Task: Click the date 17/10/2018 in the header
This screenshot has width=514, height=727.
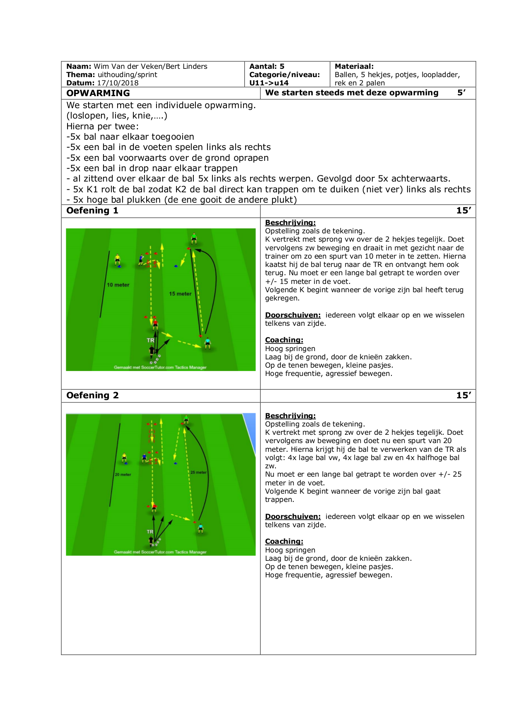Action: pyautogui.click(x=118, y=83)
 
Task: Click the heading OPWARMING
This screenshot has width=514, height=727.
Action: pyautogui.click(x=98, y=93)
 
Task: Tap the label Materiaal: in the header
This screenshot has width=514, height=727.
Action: pyautogui.click(x=354, y=66)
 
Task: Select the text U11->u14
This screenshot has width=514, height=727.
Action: pyautogui.click(x=269, y=83)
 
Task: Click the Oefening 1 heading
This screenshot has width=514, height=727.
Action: pyautogui.click(x=92, y=211)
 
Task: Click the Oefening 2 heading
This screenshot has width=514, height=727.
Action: pyautogui.click(x=92, y=395)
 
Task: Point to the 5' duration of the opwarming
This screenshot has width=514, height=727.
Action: pyautogui.click(x=461, y=93)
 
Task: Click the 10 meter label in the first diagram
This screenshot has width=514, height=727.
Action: pyautogui.click(x=118, y=285)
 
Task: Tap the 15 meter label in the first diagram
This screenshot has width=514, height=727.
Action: pyautogui.click(x=180, y=294)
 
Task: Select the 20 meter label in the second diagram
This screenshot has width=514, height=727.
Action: pyautogui.click(x=123, y=475)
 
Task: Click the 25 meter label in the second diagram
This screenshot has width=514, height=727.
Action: pyautogui.click(x=198, y=473)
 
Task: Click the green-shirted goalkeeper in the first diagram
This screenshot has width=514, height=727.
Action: pyautogui.click(x=194, y=239)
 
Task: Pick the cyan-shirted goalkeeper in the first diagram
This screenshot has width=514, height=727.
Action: pyautogui.click(x=208, y=344)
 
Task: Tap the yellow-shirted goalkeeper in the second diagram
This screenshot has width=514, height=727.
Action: pyautogui.click(x=124, y=458)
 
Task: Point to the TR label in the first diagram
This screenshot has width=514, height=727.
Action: pyautogui.click(x=150, y=340)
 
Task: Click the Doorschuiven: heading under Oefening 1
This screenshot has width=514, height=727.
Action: pyautogui.click(x=293, y=315)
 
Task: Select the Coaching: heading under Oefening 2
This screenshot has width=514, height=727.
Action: pyautogui.click(x=284, y=541)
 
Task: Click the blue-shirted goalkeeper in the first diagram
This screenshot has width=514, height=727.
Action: pyautogui.click(x=141, y=260)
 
